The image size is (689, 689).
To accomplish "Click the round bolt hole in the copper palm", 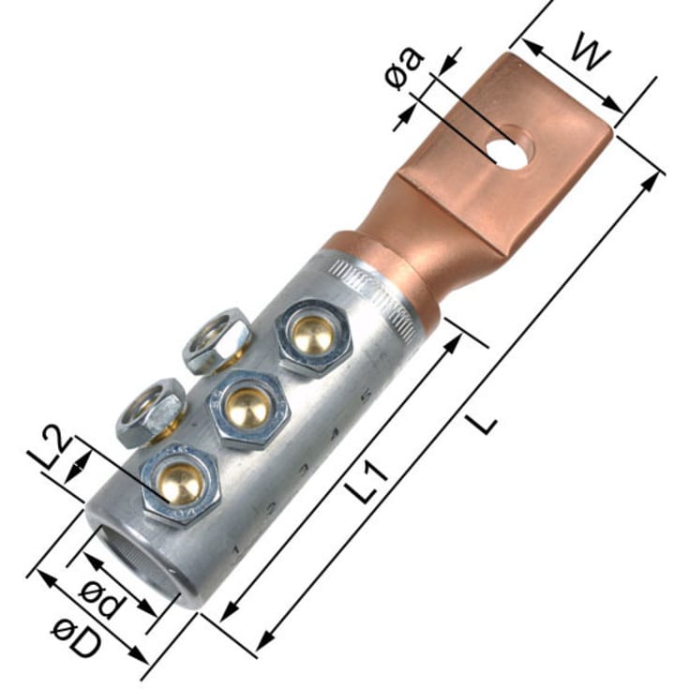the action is tap(509, 150).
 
